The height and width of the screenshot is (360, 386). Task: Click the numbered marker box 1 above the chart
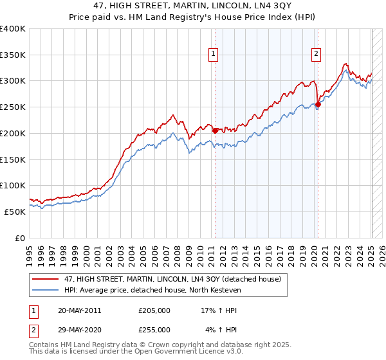213,55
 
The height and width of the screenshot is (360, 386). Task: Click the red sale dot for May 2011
215,130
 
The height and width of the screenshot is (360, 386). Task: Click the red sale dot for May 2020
318,104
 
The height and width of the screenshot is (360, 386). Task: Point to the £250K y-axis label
13,107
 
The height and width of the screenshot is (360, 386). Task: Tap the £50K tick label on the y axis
15,212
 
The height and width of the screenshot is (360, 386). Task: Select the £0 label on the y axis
21,238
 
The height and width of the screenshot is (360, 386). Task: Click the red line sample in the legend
46,280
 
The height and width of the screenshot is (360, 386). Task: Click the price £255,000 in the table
154,329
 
